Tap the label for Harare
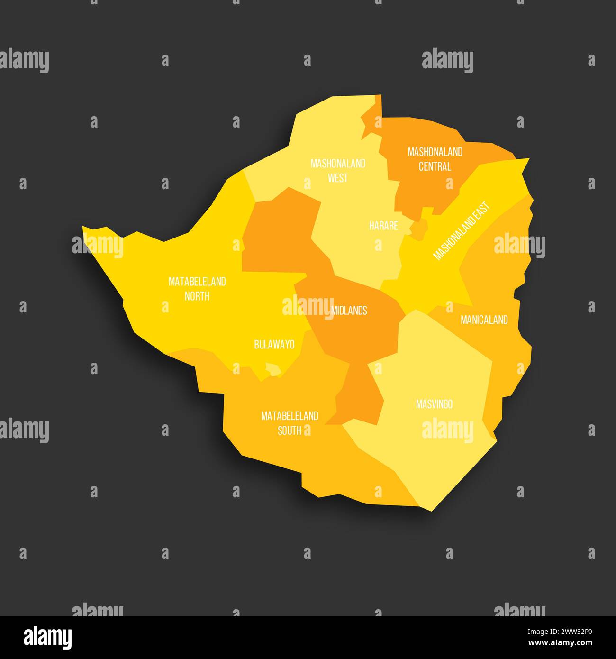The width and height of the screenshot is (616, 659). (x=383, y=226)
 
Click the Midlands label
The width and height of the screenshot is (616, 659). (x=349, y=311)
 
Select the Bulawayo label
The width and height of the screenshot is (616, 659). (x=274, y=345)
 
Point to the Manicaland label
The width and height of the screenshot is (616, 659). (x=484, y=320)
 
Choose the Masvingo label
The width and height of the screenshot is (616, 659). (x=434, y=404)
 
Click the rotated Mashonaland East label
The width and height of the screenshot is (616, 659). (x=462, y=231)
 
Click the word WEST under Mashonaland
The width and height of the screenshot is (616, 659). (x=338, y=178)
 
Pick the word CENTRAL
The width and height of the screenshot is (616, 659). (x=435, y=166)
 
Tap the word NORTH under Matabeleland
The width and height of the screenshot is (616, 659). (x=197, y=296)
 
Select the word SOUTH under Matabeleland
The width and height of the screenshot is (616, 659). (x=290, y=430)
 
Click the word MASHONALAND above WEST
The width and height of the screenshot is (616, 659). (x=338, y=164)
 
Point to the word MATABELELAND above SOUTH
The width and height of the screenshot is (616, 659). (x=290, y=416)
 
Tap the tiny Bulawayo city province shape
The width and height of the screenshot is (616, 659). (x=272, y=369)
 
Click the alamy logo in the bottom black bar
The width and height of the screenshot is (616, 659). (x=47, y=637)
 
